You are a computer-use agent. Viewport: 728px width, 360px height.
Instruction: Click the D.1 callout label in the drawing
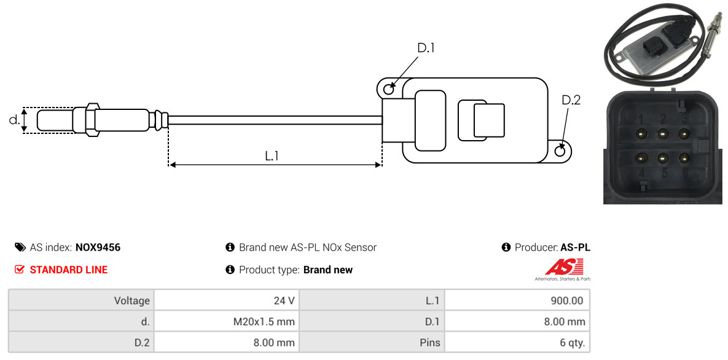point(425,48)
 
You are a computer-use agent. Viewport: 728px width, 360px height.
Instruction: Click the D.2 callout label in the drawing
point(571,100)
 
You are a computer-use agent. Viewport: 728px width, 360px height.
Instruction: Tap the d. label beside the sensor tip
point(14,119)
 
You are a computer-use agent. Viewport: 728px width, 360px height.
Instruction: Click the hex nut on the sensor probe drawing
point(92,120)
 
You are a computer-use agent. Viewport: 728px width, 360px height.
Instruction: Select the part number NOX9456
point(98,248)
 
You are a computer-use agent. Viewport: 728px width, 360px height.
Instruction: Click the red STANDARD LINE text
point(69,270)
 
